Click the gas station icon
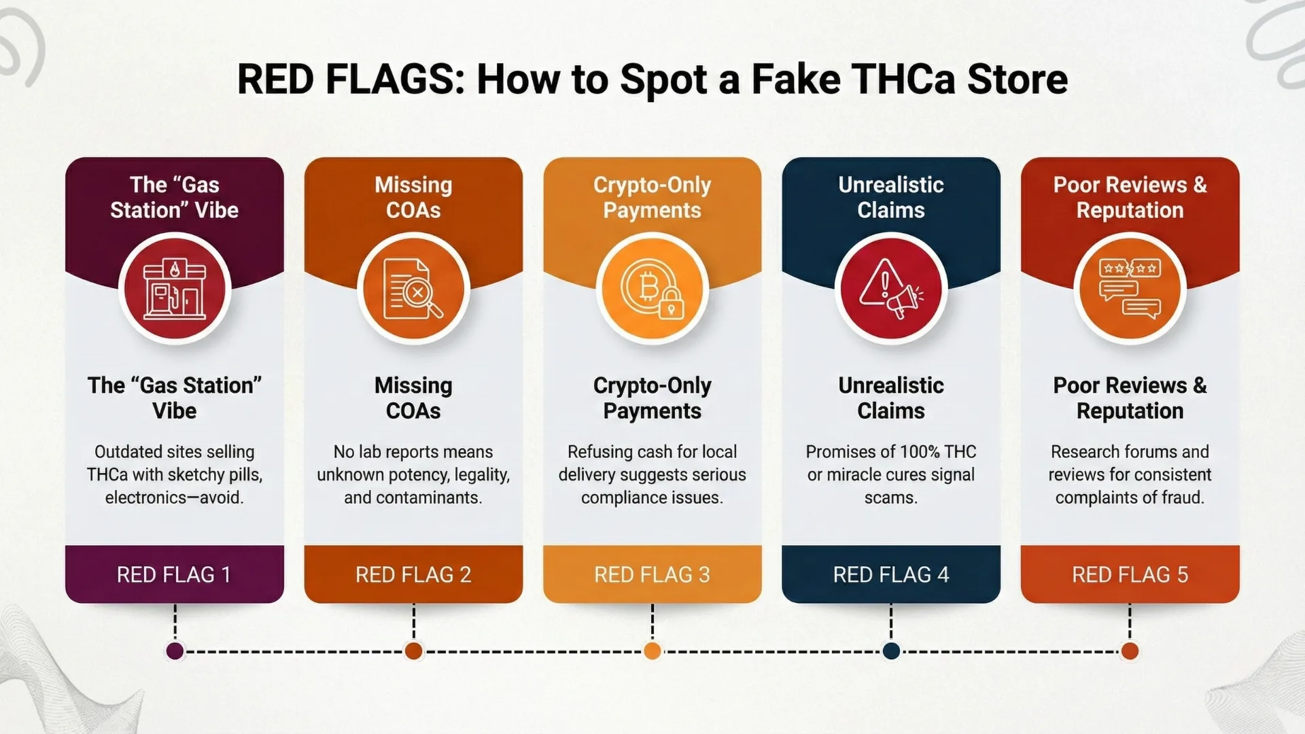(x=175, y=289)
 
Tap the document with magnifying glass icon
(x=413, y=289)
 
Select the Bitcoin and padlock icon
(x=652, y=289)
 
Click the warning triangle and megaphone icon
(x=891, y=289)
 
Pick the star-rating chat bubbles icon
(x=1130, y=289)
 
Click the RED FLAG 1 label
(x=174, y=575)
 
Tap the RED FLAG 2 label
(x=413, y=575)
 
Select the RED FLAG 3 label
(x=652, y=575)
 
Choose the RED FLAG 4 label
(x=891, y=575)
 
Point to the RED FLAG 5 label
(x=1130, y=575)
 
